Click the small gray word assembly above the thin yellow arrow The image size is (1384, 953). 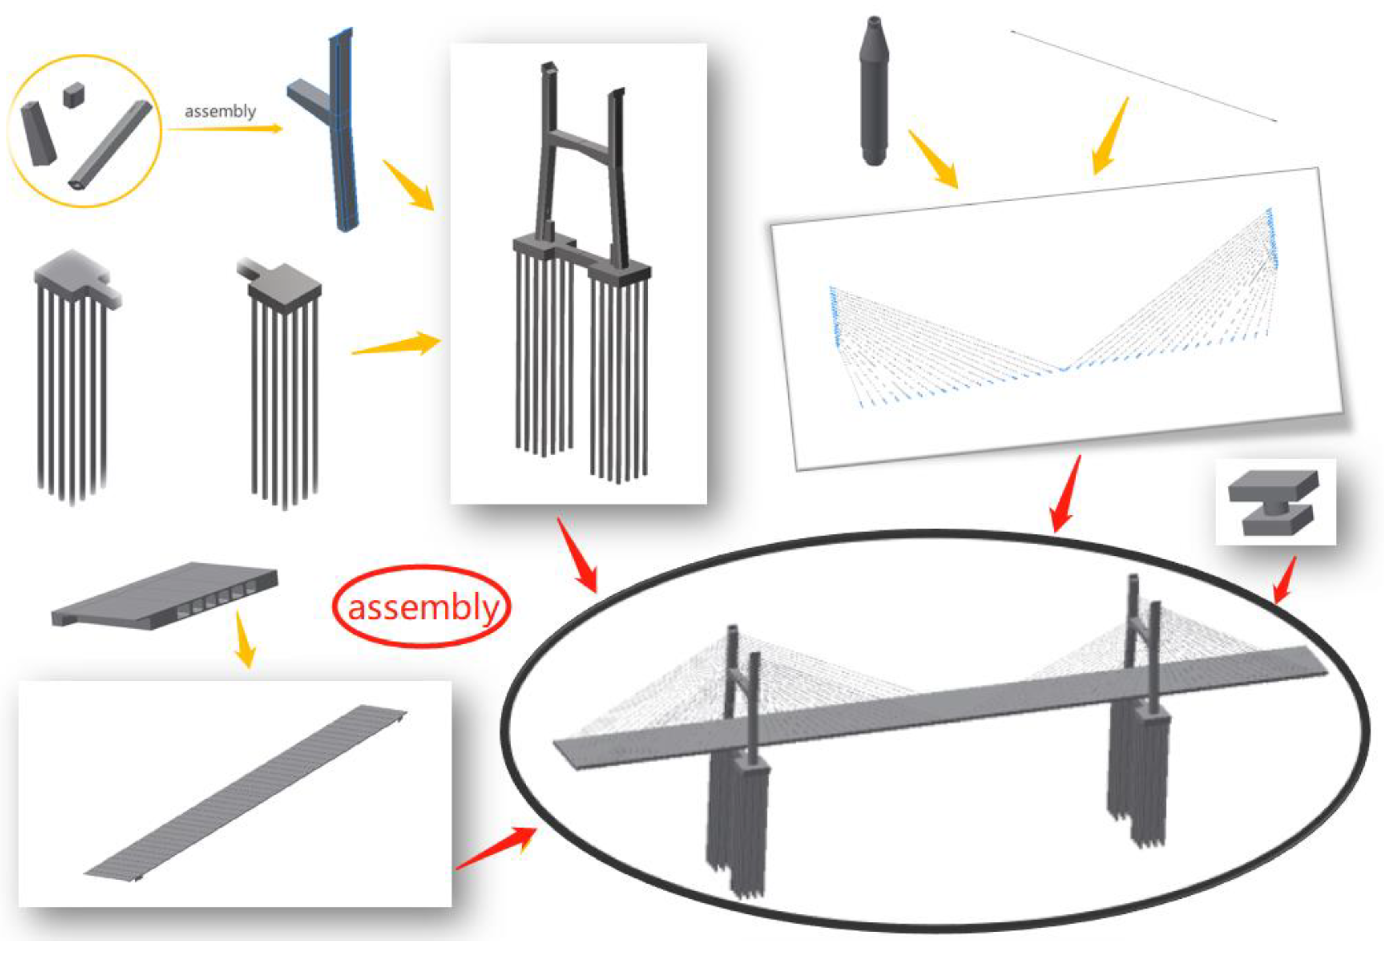pyautogui.click(x=220, y=111)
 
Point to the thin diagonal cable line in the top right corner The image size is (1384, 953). pyautogui.click(x=1143, y=76)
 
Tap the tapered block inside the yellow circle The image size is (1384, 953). pyautogui.click(x=38, y=134)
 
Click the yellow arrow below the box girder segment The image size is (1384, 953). pyautogui.click(x=245, y=639)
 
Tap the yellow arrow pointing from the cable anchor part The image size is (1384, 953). pyautogui.click(x=933, y=159)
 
